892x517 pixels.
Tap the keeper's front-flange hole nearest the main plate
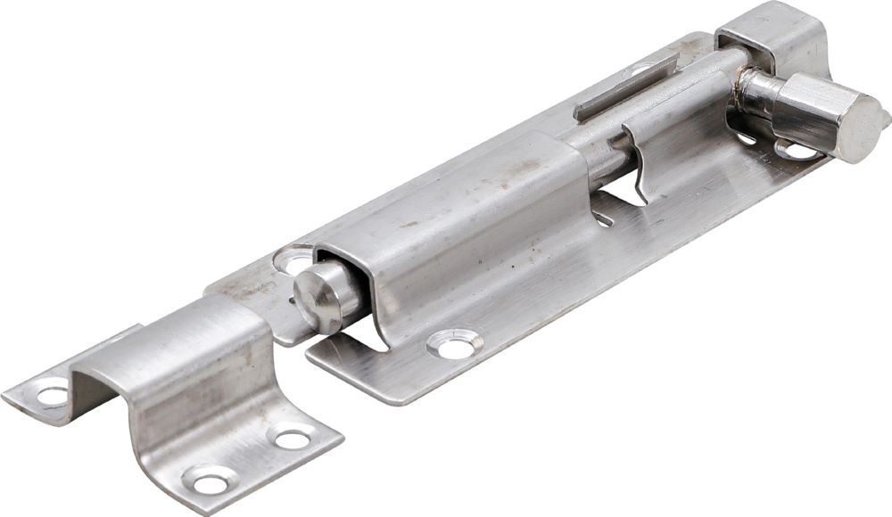coord(292,438)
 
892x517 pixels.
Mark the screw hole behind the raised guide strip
coord(639,70)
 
